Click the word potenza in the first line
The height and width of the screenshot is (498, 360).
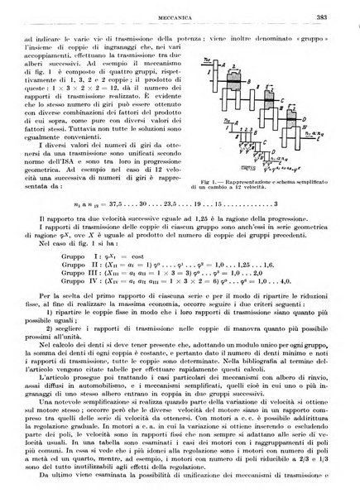(193, 39)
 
